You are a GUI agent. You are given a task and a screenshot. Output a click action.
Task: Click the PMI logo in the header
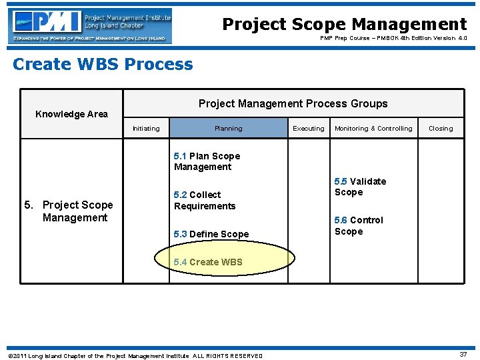click(90, 26)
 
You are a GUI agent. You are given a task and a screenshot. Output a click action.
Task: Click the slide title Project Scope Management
click(344, 25)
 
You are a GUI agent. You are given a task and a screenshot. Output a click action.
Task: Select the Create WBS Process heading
click(103, 65)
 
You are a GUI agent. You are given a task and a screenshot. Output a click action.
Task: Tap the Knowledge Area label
click(71, 114)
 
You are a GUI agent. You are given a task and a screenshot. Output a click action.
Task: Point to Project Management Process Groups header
click(293, 103)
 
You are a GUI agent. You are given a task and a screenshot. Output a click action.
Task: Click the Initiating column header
click(146, 129)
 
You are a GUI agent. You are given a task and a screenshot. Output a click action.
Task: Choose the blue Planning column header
click(228, 129)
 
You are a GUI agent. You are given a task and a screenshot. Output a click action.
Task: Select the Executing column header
click(309, 129)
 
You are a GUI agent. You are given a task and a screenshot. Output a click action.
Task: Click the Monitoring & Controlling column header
click(373, 129)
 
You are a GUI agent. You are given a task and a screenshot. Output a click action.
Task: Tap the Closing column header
click(440, 129)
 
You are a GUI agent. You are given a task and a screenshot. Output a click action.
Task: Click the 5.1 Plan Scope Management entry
click(207, 161)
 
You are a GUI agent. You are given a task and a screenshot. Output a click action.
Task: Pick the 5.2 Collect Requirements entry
click(204, 200)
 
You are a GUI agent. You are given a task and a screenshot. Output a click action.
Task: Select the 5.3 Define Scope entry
click(211, 234)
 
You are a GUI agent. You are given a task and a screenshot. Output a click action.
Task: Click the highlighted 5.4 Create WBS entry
click(208, 262)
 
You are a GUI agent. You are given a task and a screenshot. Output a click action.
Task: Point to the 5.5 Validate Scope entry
click(360, 187)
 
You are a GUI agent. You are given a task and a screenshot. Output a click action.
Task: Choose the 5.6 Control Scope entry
click(359, 225)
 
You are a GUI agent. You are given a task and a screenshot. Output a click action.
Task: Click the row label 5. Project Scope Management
click(69, 211)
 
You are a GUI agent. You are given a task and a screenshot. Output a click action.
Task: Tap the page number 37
click(463, 355)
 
